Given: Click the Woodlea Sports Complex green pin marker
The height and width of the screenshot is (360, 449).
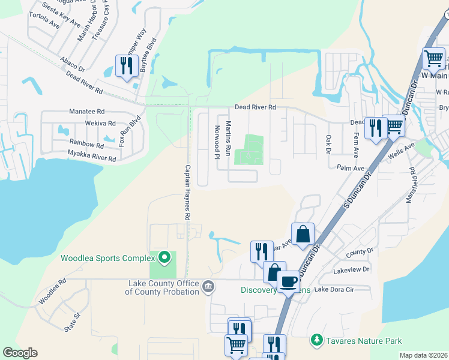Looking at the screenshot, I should click(163, 259).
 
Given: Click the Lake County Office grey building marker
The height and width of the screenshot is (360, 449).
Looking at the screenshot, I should click(208, 285).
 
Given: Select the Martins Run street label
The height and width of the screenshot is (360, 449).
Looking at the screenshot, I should click(228, 139).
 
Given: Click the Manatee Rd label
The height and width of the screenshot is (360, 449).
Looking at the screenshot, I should click(87, 112).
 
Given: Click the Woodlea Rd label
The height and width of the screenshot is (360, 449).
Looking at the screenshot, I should click(53, 290).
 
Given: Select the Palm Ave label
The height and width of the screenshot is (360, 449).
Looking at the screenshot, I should click(352, 168).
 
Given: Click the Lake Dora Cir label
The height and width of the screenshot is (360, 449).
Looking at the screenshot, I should click(334, 289).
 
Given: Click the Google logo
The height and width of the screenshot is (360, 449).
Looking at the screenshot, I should click(20, 353).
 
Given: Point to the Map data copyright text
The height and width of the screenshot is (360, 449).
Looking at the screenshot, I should click(423, 355).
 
